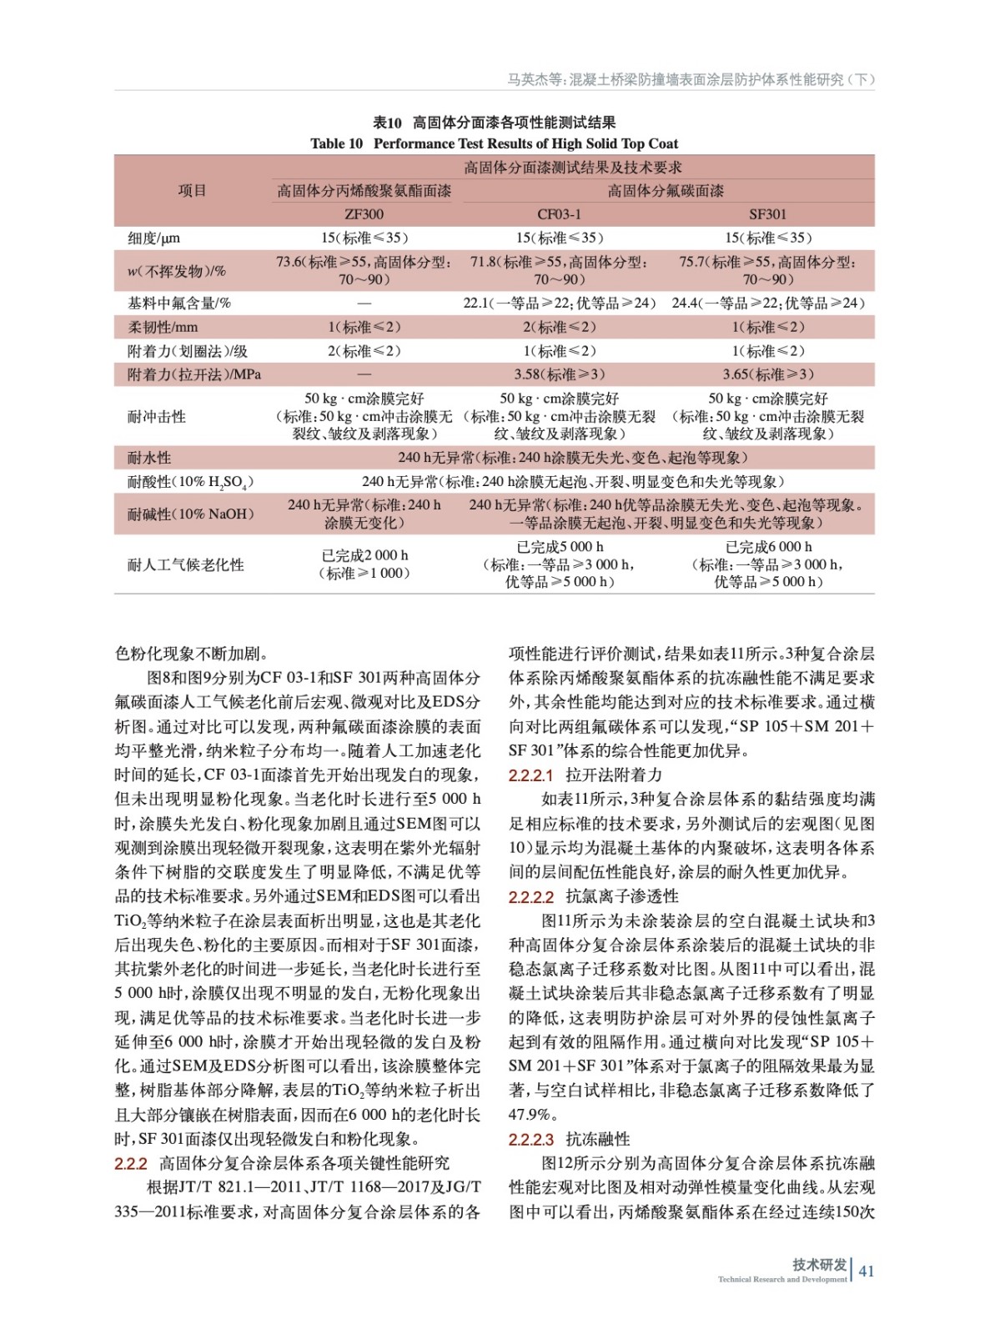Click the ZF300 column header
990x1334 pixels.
364,214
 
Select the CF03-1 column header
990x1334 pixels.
559,214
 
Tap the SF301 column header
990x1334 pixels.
767,214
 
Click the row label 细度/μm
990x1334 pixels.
154,238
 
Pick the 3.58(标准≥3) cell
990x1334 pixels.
559,374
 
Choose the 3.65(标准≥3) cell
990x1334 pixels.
767,374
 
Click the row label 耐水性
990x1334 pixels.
149,458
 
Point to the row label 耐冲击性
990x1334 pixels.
157,416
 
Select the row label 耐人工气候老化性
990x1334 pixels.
185,564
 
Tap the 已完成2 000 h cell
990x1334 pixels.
364,555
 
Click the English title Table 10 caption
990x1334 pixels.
494,143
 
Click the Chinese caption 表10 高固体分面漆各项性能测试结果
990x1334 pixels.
494,123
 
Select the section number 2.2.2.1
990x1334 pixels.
531,775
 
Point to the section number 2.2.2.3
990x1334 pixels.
531,1139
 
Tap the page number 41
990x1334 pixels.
867,1271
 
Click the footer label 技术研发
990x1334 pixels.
819,1265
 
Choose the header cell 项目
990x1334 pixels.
192,191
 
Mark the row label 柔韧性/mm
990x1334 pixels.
163,328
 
